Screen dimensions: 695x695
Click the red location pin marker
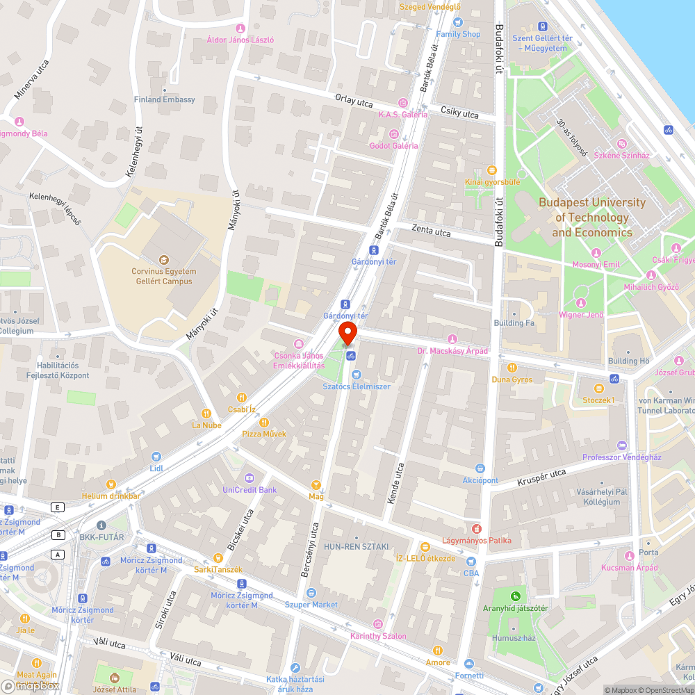point(348,332)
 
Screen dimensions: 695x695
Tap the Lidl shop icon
point(156,457)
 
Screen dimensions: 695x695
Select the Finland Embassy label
point(165,99)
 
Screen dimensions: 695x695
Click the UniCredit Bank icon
point(250,477)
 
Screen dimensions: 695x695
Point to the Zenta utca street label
point(431,229)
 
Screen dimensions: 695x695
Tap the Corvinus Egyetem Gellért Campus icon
point(164,259)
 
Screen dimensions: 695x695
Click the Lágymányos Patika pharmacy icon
point(477,528)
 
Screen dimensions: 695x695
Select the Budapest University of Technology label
point(591,218)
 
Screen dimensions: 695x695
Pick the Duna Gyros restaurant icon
point(512,367)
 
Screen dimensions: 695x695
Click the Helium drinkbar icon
point(111,484)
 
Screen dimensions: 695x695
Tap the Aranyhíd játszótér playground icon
point(515,596)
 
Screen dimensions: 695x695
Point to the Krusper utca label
point(542,477)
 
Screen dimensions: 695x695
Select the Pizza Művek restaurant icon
point(263,422)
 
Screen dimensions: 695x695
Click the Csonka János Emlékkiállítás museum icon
point(299,344)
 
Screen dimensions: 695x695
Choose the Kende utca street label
point(394,483)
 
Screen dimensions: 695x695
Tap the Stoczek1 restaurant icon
point(599,388)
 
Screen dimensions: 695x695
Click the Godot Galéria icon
point(394,133)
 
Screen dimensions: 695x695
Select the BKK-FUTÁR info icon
point(101,525)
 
